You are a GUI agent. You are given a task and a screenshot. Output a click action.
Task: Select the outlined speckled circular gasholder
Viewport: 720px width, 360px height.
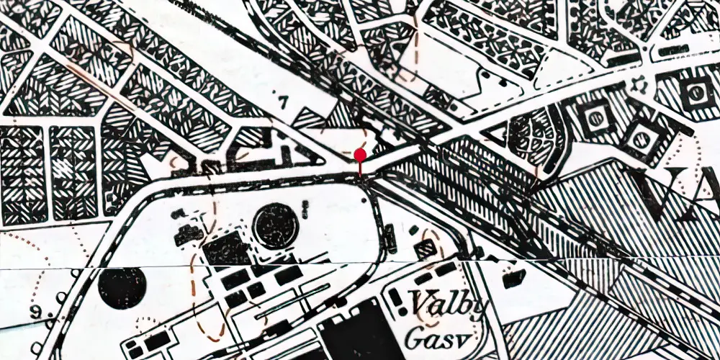[x=276, y=225]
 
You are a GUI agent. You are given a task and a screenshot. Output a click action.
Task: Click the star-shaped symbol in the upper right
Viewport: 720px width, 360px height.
[x=635, y=86]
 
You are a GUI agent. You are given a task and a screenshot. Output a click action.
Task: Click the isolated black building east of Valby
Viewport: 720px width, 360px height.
[x=513, y=276]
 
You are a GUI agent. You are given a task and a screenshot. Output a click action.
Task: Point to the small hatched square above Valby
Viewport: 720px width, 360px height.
[x=430, y=248]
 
